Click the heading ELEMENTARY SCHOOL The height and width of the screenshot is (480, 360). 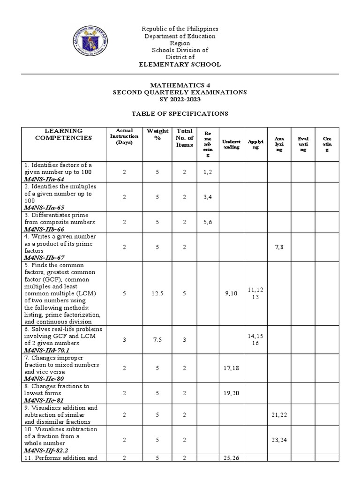pos(180,64)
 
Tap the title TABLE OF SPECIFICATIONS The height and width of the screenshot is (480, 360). pos(180,113)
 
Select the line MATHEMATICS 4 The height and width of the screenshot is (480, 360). pos(180,85)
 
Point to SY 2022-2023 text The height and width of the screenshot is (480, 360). pos(180,99)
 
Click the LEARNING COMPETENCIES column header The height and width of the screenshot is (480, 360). pos(64,134)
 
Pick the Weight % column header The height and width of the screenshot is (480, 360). pos(157,134)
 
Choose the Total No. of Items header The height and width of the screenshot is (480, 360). pos(184,138)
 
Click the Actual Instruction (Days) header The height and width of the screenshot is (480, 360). pos(124,136)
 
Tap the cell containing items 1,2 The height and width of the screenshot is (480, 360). pos(207,172)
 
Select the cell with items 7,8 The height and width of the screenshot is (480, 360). pos(279,247)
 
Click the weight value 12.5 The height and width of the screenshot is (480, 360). pos(157,293)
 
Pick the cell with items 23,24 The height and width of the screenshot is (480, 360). pos(279,440)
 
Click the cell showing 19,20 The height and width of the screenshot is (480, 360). pos(231,393)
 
